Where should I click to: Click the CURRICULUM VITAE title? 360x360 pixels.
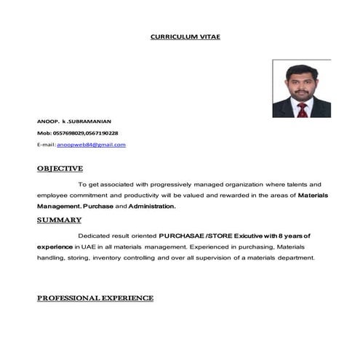(x=184, y=36)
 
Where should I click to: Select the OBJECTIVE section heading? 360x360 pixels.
(x=60, y=169)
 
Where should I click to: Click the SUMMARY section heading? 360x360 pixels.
(x=59, y=220)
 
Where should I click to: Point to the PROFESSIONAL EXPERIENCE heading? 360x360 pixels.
(x=95, y=298)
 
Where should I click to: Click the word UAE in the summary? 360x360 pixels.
(x=84, y=247)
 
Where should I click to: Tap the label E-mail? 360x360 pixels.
(x=46, y=144)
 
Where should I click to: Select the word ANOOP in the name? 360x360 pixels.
(x=47, y=121)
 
